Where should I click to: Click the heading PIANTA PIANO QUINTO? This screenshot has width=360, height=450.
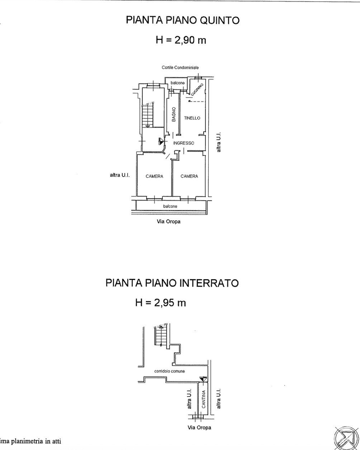183,20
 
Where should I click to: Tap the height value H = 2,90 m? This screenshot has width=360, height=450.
181,40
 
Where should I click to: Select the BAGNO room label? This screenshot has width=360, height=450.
174,114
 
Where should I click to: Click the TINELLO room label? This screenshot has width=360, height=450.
192,118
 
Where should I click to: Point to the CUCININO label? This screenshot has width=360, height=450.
197,90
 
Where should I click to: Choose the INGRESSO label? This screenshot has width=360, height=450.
184,143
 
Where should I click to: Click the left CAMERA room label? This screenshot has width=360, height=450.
155,176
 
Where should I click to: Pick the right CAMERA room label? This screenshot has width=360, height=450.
189,176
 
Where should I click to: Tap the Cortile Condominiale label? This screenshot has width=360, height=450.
180,67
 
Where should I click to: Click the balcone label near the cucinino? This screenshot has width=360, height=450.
177,83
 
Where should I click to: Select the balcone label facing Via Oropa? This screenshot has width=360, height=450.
170,206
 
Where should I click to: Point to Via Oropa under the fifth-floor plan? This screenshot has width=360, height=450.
169,221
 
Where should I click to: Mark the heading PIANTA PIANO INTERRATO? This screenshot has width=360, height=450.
172,283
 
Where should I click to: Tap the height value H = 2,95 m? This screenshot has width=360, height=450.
161,303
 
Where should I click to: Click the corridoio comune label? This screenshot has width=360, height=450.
170,371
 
